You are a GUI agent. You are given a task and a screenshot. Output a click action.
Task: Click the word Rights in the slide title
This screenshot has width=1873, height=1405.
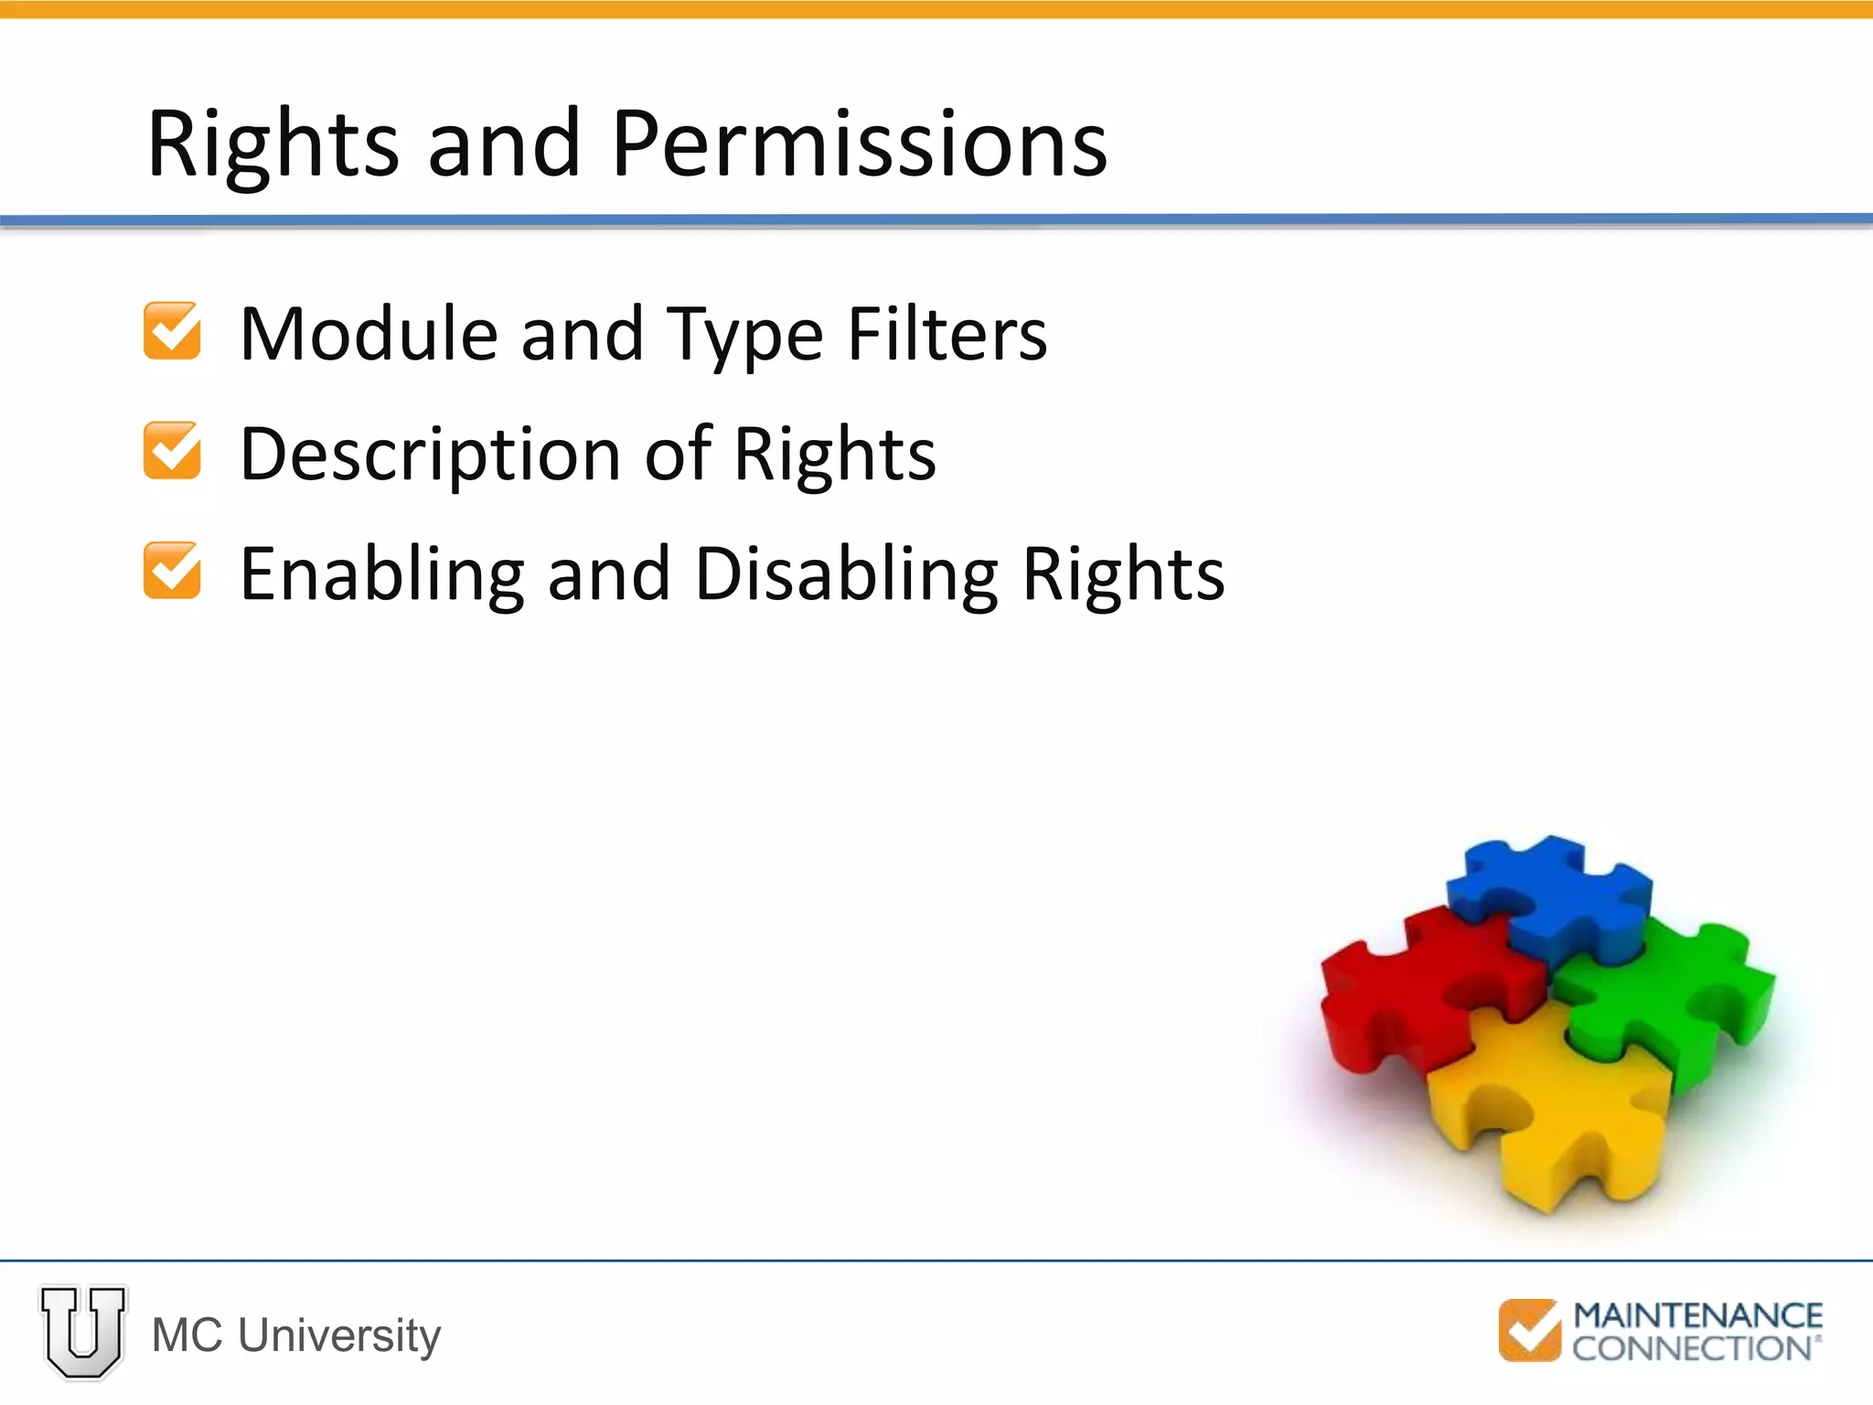click(273, 145)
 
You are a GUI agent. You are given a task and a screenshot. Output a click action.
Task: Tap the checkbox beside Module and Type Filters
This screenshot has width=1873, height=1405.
click(172, 331)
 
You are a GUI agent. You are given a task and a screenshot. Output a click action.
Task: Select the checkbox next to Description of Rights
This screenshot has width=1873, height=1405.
click(172, 451)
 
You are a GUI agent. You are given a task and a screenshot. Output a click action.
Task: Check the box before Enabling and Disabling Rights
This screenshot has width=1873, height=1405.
click(172, 571)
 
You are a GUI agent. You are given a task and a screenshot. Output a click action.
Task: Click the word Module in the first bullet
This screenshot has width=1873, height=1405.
click(369, 335)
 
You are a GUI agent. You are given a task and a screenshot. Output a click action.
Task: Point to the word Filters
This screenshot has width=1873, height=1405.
click(947, 335)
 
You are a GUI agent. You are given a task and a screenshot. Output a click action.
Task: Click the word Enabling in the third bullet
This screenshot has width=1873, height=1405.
click(381, 574)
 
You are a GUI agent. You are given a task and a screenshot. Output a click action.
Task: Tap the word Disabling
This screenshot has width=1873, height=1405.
click(846, 574)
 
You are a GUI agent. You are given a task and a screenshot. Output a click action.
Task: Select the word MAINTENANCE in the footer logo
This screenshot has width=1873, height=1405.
click(1697, 1316)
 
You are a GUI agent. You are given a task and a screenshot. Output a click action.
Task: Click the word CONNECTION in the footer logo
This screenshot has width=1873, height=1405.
click(1692, 1348)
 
